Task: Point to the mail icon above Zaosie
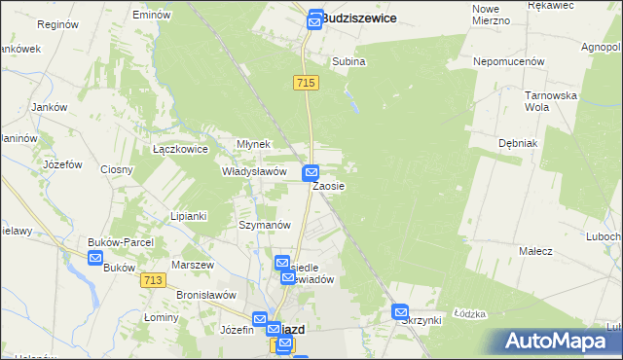pos(311,172)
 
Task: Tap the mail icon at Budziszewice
pos(315,18)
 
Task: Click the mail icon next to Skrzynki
pos(401,311)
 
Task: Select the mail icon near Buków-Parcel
pos(95,258)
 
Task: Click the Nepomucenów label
pos(508,60)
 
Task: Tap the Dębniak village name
pos(518,142)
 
